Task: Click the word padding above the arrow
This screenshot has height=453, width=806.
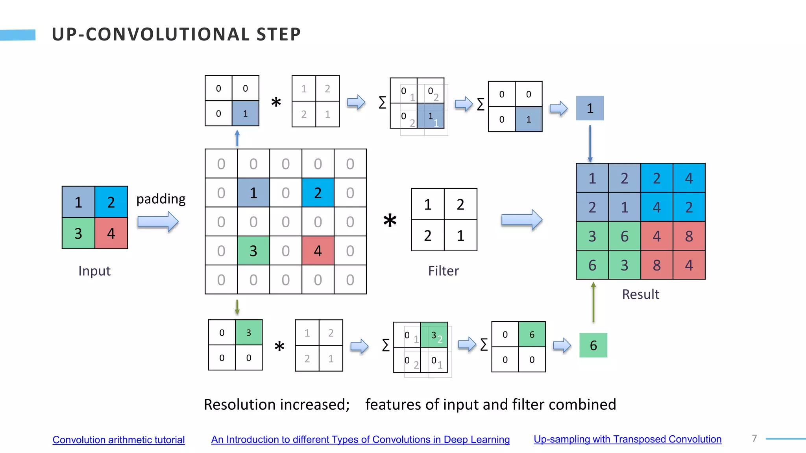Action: click(161, 199)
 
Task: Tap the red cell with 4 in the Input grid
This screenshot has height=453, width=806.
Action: click(111, 233)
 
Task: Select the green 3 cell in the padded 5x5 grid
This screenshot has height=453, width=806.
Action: click(253, 250)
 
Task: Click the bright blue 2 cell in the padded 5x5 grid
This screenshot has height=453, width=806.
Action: click(318, 193)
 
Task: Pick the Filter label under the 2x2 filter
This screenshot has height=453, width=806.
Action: click(444, 271)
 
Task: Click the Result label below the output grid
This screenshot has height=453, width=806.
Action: click(640, 294)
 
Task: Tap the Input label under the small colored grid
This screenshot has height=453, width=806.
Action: click(94, 271)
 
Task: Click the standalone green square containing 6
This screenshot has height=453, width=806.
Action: click(593, 345)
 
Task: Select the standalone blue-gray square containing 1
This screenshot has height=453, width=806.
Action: click(590, 108)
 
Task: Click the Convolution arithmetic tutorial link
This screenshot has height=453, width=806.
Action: click(118, 440)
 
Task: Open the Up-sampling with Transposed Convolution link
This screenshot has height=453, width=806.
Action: click(627, 439)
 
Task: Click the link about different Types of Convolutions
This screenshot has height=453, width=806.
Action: click(360, 439)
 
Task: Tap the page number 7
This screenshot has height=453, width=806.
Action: click(754, 438)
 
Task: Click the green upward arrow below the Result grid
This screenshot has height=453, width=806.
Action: click(593, 302)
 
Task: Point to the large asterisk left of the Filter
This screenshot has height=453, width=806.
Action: click(390, 221)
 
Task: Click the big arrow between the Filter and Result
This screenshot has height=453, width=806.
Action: click(521, 219)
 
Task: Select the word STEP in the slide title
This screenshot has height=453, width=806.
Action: click(279, 34)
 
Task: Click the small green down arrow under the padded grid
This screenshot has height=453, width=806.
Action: click(237, 307)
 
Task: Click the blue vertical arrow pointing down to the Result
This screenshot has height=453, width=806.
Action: click(590, 144)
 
